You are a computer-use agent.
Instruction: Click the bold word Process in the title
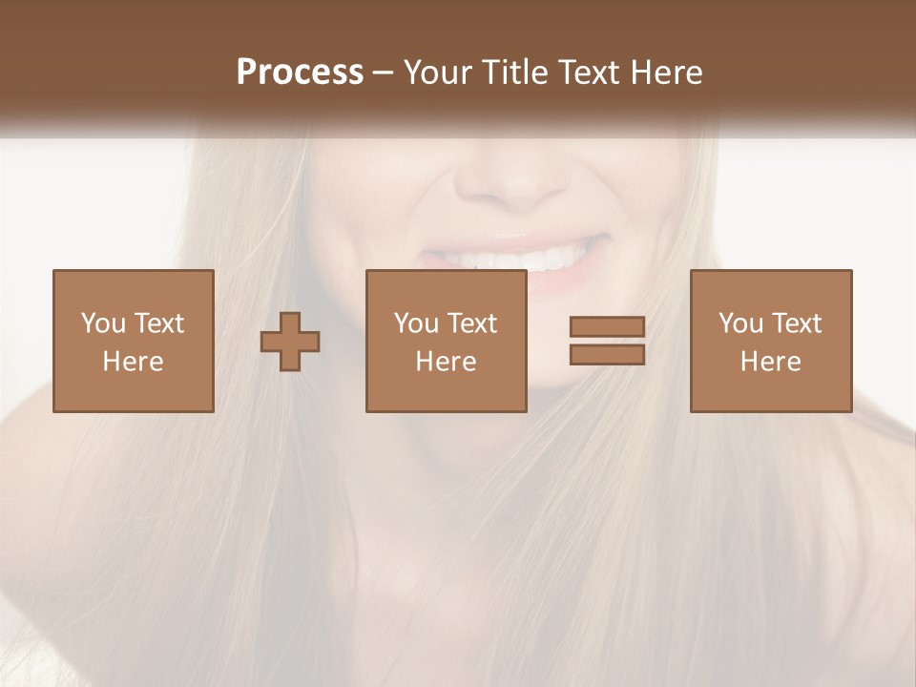pyautogui.click(x=300, y=73)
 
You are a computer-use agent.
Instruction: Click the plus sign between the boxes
pyautogui.click(x=290, y=342)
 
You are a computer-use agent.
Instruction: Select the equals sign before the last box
pyautogui.click(x=607, y=341)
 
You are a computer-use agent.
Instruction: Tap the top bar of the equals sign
pyautogui.click(x=607, y=327)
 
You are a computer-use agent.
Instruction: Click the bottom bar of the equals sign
pyautogui.click(x=607, y=354)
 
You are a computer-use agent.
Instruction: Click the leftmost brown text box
pyautogui.click(x=134, y=341)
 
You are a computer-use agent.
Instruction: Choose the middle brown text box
pyautogui.click(x=447, y=341)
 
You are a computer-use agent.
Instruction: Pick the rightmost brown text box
pyautogui.click(x=771, y=341)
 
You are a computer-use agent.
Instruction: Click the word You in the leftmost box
pyautogui.click(x=103, y=323)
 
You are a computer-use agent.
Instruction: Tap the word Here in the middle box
pyautogui.click(x=447, y=362)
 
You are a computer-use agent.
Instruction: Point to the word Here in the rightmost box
pyautogui.click(x=771, y=362)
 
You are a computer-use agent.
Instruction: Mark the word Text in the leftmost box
pyautogui.click(x=159, y=323)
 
